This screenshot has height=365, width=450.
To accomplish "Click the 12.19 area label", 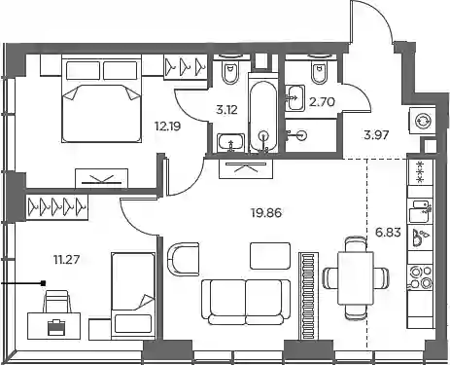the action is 168,127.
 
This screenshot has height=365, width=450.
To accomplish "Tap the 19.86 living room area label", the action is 266,213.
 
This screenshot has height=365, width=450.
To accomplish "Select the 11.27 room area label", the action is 67,260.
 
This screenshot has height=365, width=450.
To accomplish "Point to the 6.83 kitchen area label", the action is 388,233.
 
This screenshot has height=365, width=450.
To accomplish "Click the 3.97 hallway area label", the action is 376,134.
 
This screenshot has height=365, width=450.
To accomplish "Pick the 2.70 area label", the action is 322,102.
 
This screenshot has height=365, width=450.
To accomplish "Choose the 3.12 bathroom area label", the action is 226,110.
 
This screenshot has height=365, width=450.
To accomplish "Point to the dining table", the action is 356,277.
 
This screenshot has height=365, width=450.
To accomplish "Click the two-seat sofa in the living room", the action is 246,302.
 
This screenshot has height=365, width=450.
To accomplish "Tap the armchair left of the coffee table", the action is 183,259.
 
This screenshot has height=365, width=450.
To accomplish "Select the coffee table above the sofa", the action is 270,256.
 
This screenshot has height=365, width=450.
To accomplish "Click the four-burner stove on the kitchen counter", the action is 420,277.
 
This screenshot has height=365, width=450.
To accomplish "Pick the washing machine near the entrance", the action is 421,121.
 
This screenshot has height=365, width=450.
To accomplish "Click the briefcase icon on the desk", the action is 55,327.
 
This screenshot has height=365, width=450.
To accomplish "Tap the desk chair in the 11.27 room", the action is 57,302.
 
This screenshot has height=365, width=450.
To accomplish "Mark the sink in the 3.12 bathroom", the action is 230,142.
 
